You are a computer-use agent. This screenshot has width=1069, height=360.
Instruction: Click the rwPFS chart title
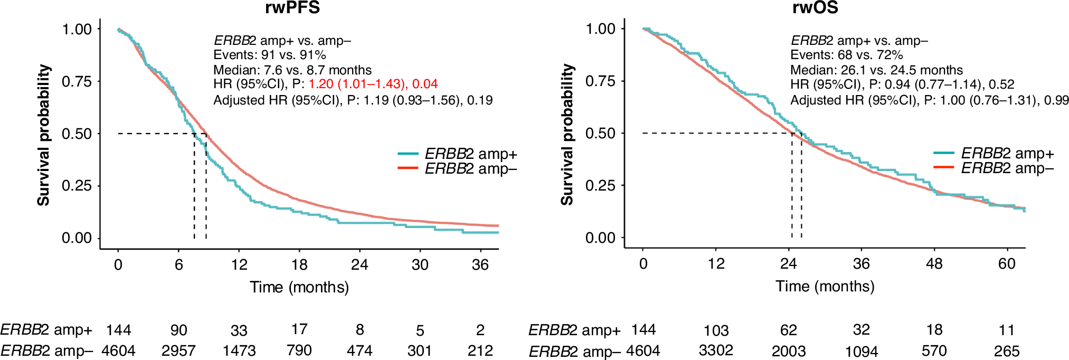click(292, 7)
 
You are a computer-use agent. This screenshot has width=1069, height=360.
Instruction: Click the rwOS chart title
click(815, 7)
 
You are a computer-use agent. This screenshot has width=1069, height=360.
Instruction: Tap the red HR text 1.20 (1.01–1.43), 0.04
click(373, 84)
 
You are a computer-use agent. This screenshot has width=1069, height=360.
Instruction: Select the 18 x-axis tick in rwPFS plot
click(299, 264)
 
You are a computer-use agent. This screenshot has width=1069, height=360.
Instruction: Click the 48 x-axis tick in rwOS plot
click(934, 263)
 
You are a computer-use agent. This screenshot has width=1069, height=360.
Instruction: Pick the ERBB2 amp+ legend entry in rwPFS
click(457, 154)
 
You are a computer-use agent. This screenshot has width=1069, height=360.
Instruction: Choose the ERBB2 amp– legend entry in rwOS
click(994, 168)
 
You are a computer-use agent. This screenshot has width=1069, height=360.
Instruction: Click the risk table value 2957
click(178, 350)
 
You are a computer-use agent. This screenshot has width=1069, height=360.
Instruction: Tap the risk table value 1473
click(239, 350)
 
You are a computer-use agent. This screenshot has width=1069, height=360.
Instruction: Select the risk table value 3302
click(716, 350)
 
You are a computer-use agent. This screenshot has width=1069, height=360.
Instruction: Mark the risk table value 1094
click(861, 351)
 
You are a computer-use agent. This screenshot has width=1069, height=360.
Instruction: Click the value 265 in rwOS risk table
click(1006, 351)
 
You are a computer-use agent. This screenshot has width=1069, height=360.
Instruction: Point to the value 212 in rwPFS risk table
click(480, 350)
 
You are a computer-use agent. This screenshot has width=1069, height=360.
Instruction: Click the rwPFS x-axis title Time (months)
click(299, 287)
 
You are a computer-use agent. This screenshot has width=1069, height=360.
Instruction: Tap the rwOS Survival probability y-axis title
click(567, 135)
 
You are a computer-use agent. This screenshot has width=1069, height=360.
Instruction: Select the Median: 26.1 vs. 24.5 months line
click(876, 70)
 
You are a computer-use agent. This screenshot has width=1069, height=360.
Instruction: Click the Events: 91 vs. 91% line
click(269, 55)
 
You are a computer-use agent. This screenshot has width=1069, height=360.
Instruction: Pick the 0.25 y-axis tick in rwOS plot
click(600, 185)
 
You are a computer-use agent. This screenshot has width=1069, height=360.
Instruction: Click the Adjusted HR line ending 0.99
click(929, 100)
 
